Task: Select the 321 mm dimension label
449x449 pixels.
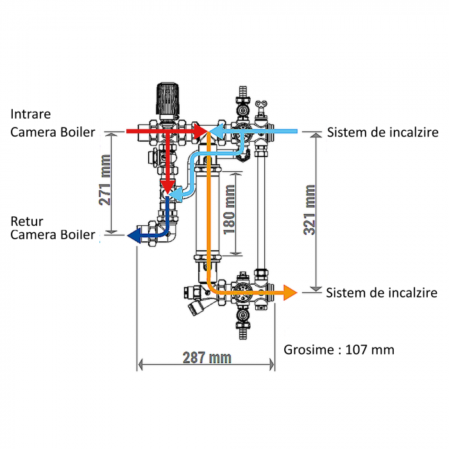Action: click(310, 210)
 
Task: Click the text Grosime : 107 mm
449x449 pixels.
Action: click(339, 350)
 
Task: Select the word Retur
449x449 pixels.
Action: click(25, 221)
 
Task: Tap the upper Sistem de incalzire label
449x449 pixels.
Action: click(382, 133)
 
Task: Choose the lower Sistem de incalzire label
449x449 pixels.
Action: click(382, 293)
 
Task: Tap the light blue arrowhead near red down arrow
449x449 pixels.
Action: click(182, 191)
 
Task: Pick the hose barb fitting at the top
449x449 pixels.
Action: click(242, 92)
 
